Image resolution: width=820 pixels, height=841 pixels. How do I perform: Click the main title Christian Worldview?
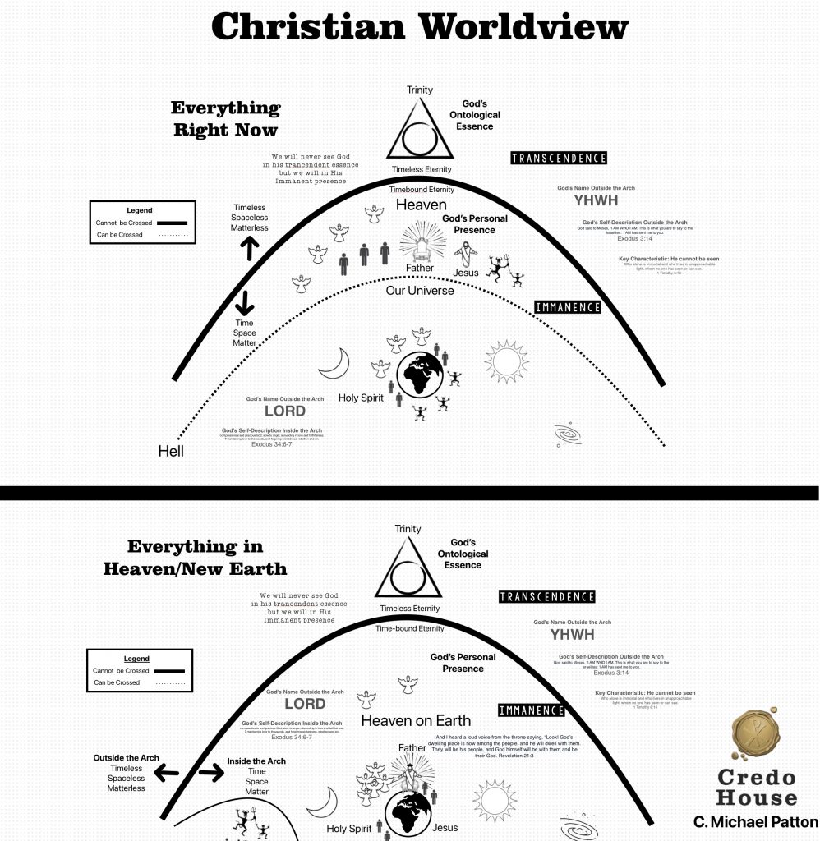tap(420, 26)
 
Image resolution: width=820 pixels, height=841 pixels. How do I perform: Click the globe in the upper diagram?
tap(421, 377)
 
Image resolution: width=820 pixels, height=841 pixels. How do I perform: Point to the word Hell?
tap(171, 451)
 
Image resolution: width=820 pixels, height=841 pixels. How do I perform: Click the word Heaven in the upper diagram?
tap(422, 205)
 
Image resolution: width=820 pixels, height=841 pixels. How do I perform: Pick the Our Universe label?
tap(420, 290)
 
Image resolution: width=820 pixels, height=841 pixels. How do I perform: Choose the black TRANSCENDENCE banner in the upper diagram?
tap(558, 158)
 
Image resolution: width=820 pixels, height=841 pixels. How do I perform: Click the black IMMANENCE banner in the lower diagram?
tap(532, 710)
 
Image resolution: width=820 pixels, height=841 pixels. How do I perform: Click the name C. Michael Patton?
tap(753, 822)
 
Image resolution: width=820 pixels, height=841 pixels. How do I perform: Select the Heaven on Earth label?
tap(416, 720)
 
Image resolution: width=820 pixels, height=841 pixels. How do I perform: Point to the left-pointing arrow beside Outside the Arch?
tap(168, 773)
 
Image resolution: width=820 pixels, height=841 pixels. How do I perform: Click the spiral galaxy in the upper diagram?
tap(566, 432)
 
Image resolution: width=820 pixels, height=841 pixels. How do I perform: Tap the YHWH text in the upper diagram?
tap(596, 200)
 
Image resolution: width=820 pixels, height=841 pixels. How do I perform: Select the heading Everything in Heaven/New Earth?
tap(195, 556)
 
